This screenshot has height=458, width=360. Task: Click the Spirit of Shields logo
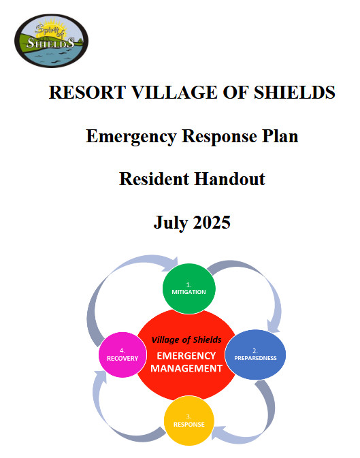click(x=52, y=41)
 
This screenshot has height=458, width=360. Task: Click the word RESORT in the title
click(x=87, y=93)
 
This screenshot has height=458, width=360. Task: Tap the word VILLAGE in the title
click(x=174, y=93)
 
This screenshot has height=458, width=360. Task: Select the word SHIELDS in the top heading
click(x=295, y=93)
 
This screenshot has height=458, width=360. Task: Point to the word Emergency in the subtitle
click(x=131, y=137)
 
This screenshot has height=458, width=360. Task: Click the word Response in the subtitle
click(x=219, y=137)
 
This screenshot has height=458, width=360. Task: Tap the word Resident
click(x=154, y=179)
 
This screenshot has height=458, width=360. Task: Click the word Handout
click(x=229, y=179)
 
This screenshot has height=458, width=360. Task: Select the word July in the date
click(x=171, y=223)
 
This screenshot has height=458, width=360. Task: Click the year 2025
click(x=212, y=223)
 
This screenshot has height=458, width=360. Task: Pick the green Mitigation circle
click(x=189, y=289)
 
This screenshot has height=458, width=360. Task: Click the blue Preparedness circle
click(x=255, y=355)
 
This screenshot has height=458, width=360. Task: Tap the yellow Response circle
click(x=189, y=421)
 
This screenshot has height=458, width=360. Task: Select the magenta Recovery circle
click(x=122, y=355)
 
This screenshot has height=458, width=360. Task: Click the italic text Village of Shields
click(x=186, y=340)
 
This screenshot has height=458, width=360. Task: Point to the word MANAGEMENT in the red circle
click(x=186, y=368)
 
